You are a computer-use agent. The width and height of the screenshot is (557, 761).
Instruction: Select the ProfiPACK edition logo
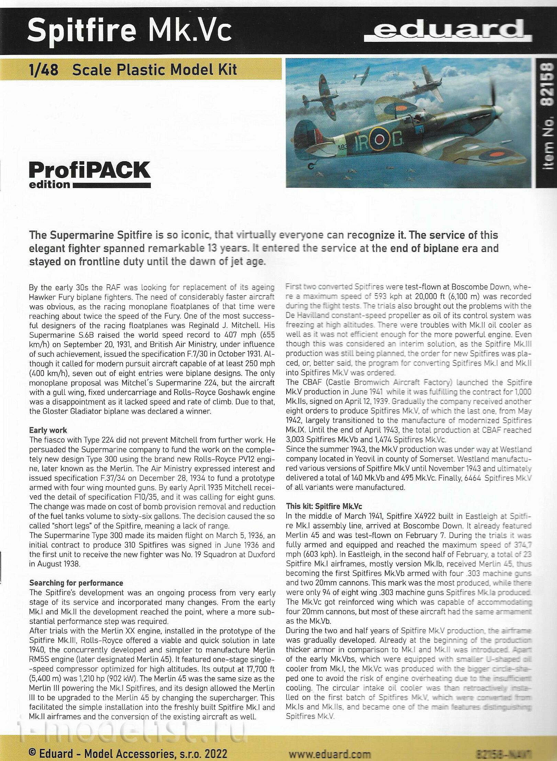coord(90,174)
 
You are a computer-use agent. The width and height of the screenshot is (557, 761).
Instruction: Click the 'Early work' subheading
coord(48,430)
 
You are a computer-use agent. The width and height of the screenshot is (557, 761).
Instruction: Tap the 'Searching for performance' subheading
coord(76,583)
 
